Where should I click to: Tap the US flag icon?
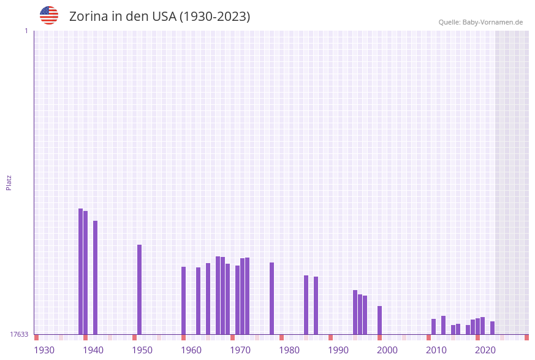[x=49, y=15]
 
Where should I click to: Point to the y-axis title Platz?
[x=9, y=182]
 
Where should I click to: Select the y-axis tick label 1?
[x=26, y=31]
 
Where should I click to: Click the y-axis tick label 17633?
[x=19, y=334]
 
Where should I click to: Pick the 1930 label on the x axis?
[x=44, y=350]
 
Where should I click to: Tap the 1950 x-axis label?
[x=142, y=350]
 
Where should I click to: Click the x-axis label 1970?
[x=240, y=350]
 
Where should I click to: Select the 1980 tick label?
[x=289, y=350]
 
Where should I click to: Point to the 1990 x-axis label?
[x=338, y=350]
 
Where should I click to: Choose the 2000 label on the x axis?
[x=387, y=350]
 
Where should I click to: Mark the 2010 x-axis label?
[x=436, y=350]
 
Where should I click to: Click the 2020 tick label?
[x=485, y=350]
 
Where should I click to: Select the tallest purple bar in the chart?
[x=80, y=271]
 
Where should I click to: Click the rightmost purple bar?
[x=492, y=327]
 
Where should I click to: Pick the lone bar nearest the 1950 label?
[x=139, y=289]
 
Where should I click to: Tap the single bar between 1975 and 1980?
[x=271, y=298]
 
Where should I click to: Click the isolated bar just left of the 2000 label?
[x=379, y=320]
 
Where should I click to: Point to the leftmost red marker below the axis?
[x=36, y=337]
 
